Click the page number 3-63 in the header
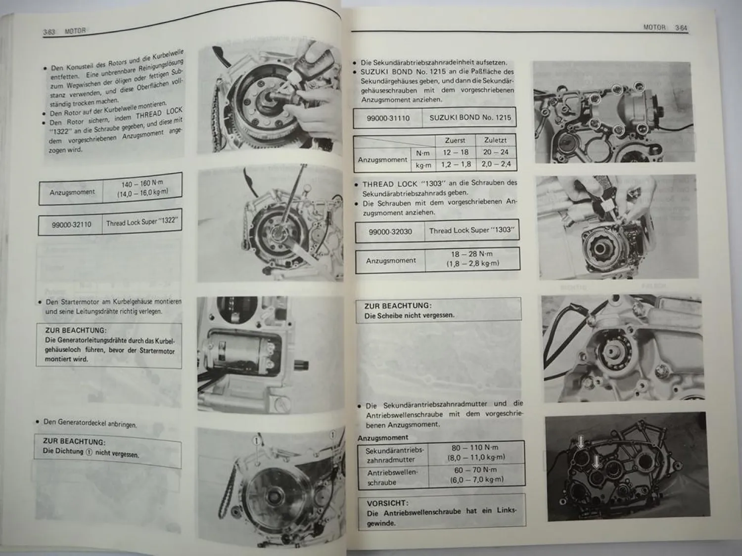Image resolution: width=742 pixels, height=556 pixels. point(49,32)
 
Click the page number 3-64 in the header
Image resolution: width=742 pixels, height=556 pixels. point(681,28)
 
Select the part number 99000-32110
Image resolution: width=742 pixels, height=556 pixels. point(72,224)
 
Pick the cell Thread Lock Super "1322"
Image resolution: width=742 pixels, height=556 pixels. point(141,222)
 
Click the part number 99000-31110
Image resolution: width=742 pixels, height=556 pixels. point(389,119)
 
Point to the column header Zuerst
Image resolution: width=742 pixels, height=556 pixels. point(455,140)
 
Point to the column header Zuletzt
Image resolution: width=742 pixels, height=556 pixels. point(495,140)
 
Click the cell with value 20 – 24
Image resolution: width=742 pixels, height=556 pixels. point(496,152)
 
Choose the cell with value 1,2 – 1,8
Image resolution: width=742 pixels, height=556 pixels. point(456,164)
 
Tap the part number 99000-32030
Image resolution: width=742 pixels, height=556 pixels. point(390,231)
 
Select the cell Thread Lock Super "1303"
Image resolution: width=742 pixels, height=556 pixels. point(471,230)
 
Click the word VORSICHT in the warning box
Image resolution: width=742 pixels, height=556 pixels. point(387,503)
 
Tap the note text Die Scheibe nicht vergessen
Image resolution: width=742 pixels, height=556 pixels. point(409,315)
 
